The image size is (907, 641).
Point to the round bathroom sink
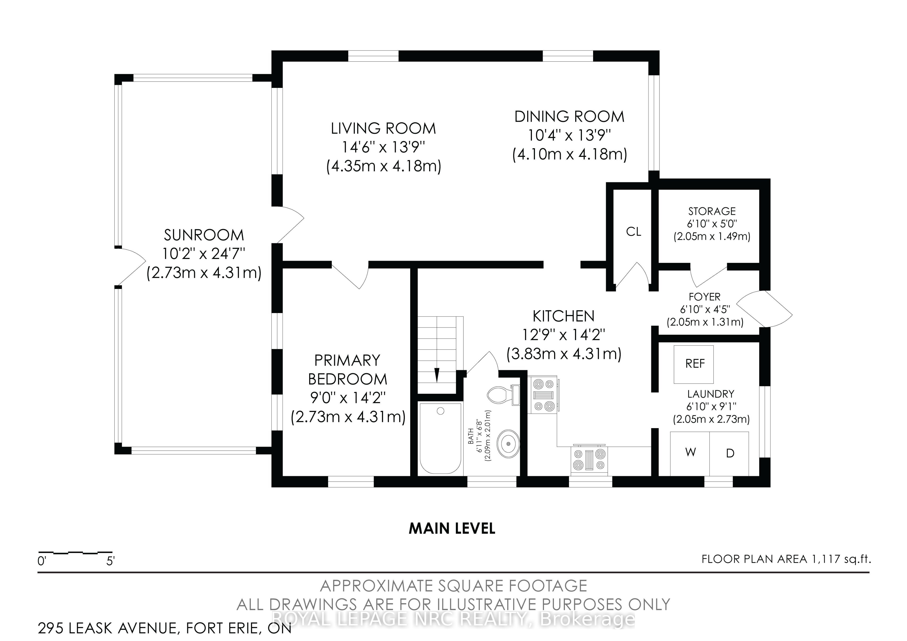click(x=508, y=444)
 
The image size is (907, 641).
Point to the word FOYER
click(x=704, y=297)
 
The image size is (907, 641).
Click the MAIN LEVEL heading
click(x=452, y=529)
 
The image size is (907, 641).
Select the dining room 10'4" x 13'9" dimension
click(x=569, y=136)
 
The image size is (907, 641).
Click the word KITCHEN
click(x=563, y=316)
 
